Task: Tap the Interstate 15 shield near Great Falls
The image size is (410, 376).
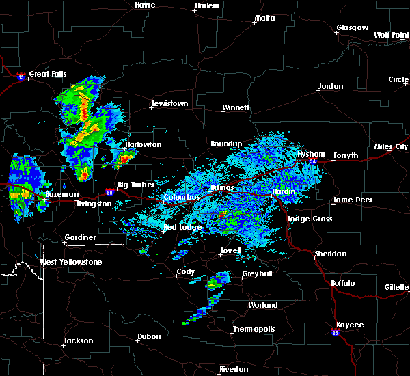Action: [x=21, y=77]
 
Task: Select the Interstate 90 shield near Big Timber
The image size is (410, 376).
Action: [x=110, y=193]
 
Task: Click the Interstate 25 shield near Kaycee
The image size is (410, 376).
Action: [x=336, y=332]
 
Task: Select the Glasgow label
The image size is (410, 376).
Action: [x=352, y=28]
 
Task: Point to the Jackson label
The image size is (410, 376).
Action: [x=79, y=340]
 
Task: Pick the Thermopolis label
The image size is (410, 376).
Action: [x=254, y=329]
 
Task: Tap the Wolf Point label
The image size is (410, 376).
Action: [x=391, y=34]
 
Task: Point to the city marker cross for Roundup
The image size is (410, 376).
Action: [x=211, y=148]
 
